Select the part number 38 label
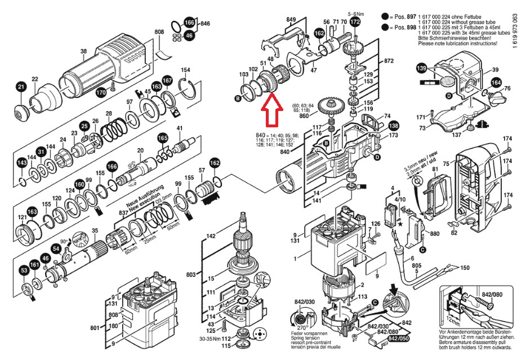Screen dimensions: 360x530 [x=83, y=52]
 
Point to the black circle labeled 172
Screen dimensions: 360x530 [x=354, y=22]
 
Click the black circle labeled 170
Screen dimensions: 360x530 [x=101, y=92]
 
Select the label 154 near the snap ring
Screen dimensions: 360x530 [x=185, y=70]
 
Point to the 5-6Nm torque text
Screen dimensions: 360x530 [x=356, y=12]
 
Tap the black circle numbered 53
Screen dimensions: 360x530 [x=24, y=271]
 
